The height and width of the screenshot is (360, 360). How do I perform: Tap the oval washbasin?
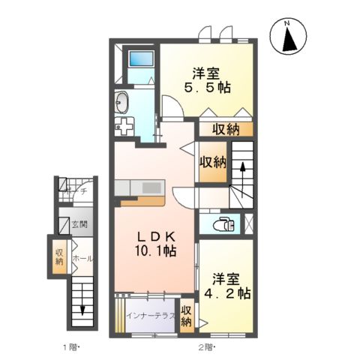[122, 101]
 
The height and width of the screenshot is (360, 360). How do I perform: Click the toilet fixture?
[223, 222]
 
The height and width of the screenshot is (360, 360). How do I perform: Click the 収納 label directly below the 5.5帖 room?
[225, 129]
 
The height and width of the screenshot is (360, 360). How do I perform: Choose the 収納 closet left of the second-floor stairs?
[212, 162]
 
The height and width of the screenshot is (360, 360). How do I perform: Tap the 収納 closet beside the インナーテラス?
[186, 316]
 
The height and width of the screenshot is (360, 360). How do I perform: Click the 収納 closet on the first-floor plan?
[58, 257]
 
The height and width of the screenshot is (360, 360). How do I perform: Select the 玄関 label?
[79, 223]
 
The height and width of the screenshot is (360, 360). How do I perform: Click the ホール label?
[82, 258]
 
